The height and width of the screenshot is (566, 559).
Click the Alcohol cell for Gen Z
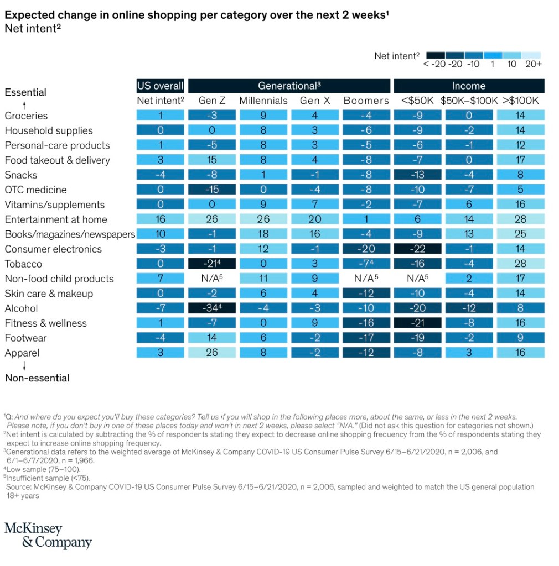tap(212, 308)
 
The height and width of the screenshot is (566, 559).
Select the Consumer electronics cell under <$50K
tap(417, 249)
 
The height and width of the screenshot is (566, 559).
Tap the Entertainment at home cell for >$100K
tap(520, 219)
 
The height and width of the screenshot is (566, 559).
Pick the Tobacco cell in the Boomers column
tap(366, 264)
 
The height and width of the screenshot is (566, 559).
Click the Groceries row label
tap(26, 116)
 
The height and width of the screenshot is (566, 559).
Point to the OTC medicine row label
tap(35, 190)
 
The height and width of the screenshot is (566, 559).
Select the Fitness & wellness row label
tap(46, 323)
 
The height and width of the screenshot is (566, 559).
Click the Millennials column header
tap(263, 101)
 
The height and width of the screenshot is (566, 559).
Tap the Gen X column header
tap(315, 101)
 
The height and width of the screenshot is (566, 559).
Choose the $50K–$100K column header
tap(468, 101)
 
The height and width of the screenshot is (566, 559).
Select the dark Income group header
tap(468, 86)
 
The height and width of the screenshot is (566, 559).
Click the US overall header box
tap(160, 86)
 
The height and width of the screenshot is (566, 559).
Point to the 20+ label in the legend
tap(534, 64)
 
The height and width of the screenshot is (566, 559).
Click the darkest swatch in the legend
tap(436, 55)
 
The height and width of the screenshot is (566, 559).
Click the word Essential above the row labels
tap(25, 92)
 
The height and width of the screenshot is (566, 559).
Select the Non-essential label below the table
tap(37, 378)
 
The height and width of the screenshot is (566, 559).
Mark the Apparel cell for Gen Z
tap(212, 353)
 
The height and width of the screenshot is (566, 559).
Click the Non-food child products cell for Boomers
tap(366, 279)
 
